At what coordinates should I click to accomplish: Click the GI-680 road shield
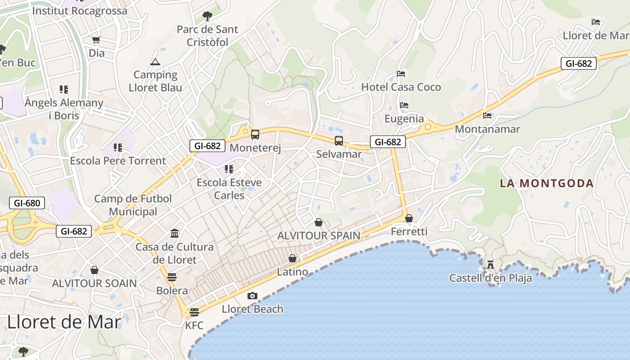(27, 203)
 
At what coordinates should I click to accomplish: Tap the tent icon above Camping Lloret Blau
(155, 62)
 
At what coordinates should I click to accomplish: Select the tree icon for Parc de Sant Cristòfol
(207, 17)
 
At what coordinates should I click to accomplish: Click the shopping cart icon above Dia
(96, 40)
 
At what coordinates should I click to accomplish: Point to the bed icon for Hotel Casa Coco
(401, 74)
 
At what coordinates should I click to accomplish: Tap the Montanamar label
(487, 129)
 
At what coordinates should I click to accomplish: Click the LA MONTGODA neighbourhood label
(547, 183)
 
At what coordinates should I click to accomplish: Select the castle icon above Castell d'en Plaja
(490, 265)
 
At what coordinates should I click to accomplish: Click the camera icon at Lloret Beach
(252, 296)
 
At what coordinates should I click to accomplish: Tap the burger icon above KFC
(194, 312)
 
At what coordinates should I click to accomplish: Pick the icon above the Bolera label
(172, 277)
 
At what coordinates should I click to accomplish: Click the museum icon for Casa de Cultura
(175, 233)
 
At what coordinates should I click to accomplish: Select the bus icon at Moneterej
(255, 134)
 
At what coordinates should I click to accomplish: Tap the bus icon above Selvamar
(339, 141)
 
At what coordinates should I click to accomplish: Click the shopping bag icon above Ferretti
(409, 218)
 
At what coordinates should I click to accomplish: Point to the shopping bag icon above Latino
(292, 258)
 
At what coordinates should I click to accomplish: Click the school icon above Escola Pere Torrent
(118, 147)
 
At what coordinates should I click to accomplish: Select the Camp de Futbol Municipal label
(133, 205)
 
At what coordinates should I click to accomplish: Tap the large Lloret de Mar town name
(64, 322)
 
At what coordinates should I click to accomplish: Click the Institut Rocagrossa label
(80, 11)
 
